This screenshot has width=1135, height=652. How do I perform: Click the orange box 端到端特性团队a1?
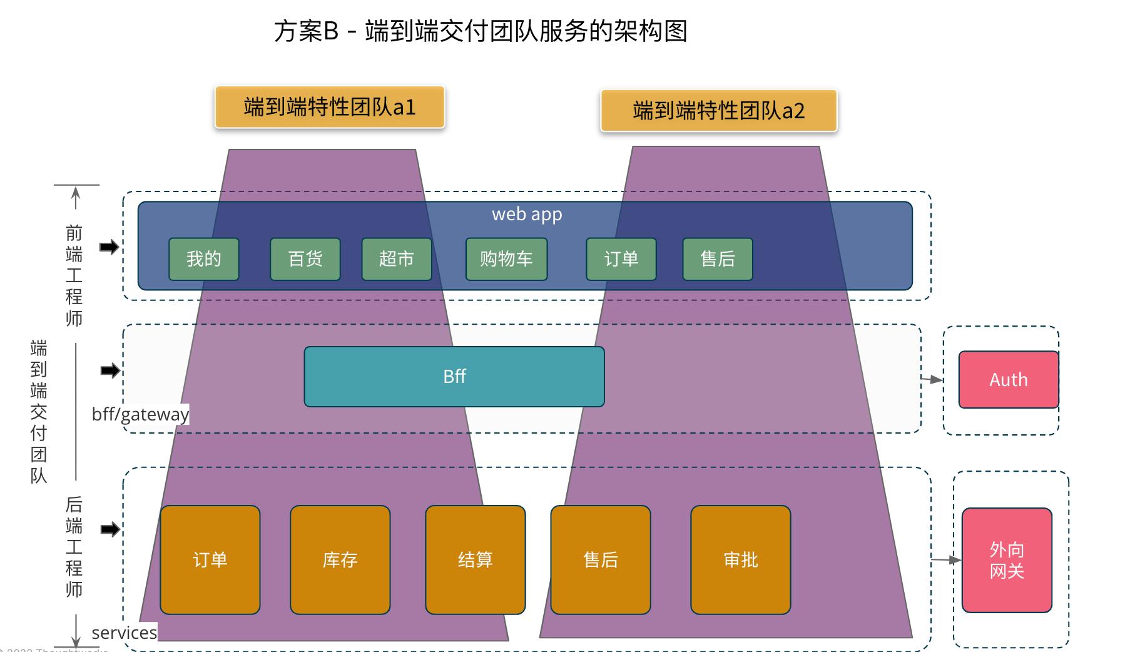pyautogui.click(x=329, y=107)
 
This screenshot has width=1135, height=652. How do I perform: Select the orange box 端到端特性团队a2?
pyautogui.click(x=718, y=111)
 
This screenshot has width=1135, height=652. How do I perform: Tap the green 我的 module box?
pyautogui.click(x=204, y=259)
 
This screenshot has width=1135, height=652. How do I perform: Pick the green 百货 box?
pyautogui.click(x=305, y=259)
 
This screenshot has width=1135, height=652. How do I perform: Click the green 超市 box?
pyautogui.click(x=397, y=259)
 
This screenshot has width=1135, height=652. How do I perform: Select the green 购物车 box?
pyautogui.click(x=506, y=259)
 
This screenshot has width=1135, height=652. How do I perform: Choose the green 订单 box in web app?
pyautogui.click(x=621, y=259)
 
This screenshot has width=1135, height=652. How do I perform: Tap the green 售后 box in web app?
pyautogui.click(x=718, y=259)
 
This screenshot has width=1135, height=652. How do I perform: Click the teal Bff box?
pyautogui.click(x=454, y=377)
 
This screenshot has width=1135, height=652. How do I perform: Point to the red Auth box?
pyautogui.click(x=1009, y=380)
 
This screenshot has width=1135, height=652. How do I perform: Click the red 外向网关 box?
pyautogui.click(x=1007, y=560)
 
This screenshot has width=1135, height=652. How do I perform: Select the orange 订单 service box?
pyautogui.click(x=210, y=560)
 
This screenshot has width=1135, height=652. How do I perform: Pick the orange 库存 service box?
pyautogui.click(x=340, y=560)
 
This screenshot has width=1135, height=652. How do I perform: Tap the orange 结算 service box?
pyautogui.click(x=476, y=560)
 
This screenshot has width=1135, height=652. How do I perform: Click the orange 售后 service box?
pyautogui.click(x=601, y=560)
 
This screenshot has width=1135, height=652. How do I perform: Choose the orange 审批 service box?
pyautogui.click(x=741, y=560)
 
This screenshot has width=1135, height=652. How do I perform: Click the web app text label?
pyautogui.click(x=527, y=215)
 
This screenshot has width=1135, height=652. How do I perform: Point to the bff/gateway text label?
pyautogui.click(x=140, y=414)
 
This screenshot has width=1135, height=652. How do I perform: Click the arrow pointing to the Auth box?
pyautogui.click(x=932, y=379)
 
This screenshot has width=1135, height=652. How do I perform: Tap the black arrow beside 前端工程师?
pyautogui.click(x=109, y=247)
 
